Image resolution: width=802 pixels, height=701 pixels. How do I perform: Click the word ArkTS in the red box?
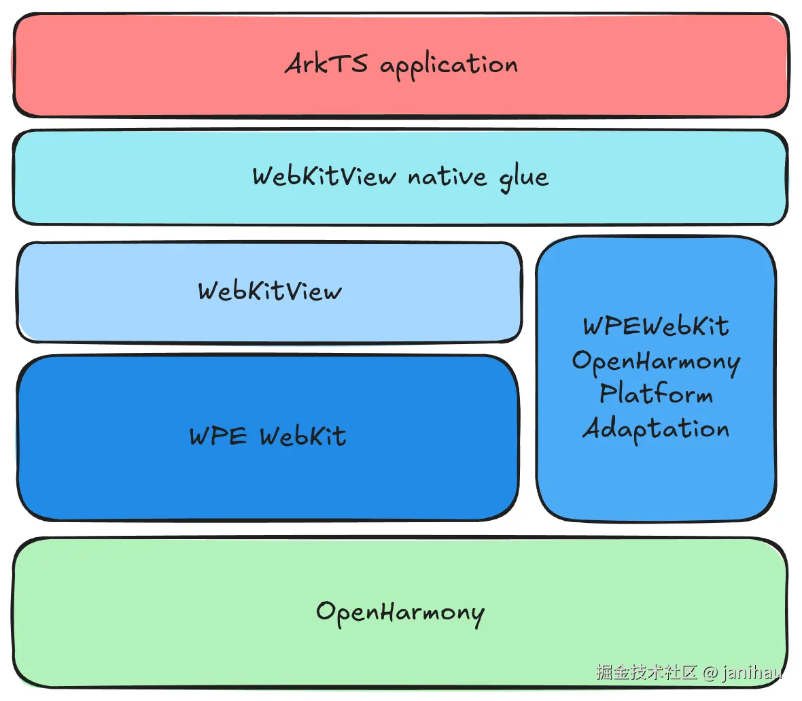tap(326, 65)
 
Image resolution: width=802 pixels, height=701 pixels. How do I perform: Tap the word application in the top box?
tap(449, 67)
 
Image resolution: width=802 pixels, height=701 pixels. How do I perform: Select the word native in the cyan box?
tap(447, 177)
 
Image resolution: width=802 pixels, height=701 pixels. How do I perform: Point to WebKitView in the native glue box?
tap(324, 176)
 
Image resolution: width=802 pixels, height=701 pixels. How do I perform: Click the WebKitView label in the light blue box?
tap(270, 291)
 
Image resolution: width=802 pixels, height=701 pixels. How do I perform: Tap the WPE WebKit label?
tap(268, 436)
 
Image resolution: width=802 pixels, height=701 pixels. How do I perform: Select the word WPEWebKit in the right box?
tap(656, 326)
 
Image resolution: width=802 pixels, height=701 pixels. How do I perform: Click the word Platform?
tap(656, 394)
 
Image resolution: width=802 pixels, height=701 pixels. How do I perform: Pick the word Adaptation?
tap(656, 429)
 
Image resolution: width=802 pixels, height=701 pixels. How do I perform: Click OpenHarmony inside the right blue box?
tap(656, 360)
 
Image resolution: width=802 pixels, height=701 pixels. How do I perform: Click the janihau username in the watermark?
tap(752, 672)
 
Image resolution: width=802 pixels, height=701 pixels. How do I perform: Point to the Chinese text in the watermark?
tap(646, 672)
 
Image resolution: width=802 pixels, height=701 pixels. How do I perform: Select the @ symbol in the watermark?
tap(710, 672)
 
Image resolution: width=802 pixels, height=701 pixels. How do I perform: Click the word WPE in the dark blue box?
tap(218, 436)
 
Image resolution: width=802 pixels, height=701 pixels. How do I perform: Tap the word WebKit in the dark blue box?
tap(303, 436)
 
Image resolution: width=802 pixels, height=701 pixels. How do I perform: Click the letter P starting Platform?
tap(608, 394)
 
